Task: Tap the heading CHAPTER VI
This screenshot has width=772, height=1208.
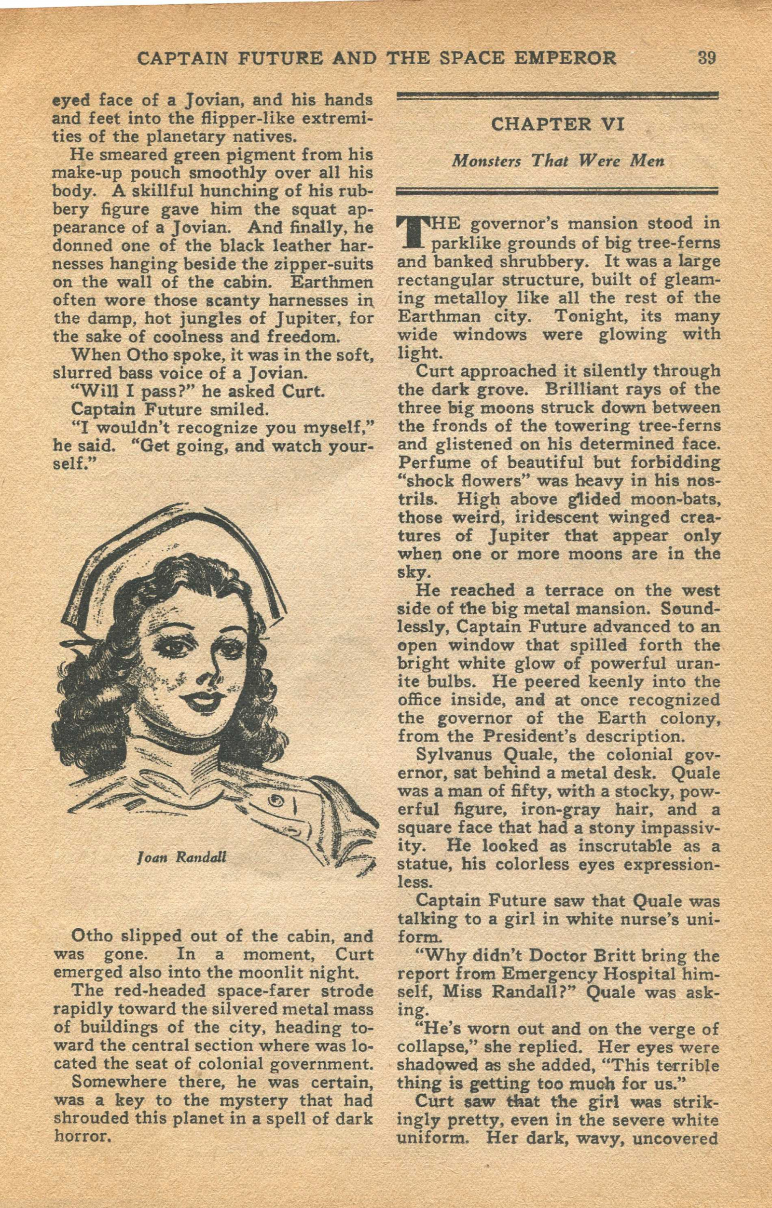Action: point(557,124)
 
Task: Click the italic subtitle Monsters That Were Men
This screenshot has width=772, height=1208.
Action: point(558,161)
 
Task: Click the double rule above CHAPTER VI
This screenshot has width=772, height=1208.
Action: point(557,96)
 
